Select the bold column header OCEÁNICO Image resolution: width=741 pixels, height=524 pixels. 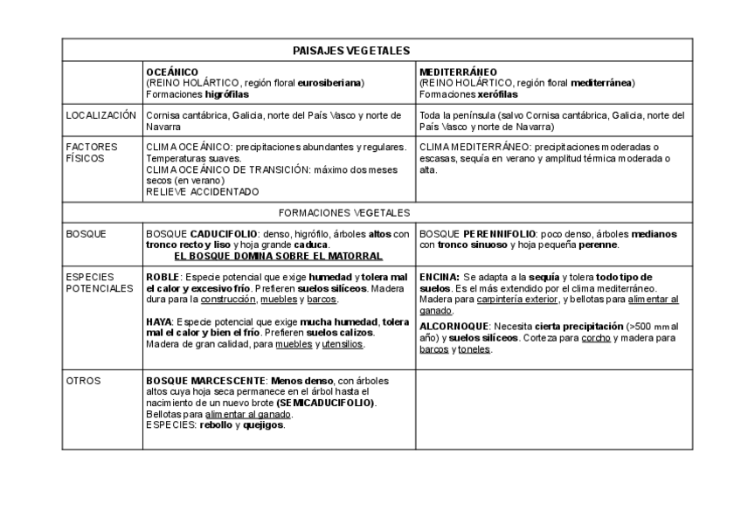click(172, 72)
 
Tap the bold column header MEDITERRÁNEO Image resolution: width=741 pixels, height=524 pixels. click(459, 72)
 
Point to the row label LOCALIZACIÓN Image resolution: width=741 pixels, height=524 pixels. click(101, 115)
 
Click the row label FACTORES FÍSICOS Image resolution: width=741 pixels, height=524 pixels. click(92, 153)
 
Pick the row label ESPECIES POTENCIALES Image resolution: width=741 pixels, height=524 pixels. click(99, 283)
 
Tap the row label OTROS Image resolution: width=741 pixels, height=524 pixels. click(84, 381)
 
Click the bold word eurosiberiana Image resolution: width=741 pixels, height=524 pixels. click(330, 83)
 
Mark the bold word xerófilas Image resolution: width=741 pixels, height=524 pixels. click(498, 94)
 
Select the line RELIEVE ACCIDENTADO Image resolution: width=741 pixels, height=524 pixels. click(203, 191)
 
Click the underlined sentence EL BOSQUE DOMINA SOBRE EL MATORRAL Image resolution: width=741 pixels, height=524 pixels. click(278, 257)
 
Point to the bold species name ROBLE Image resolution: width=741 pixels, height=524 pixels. click(162, 277)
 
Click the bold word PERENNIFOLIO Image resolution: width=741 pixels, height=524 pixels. click(491, 234)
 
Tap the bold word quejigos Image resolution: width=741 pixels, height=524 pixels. click(265, 425)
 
